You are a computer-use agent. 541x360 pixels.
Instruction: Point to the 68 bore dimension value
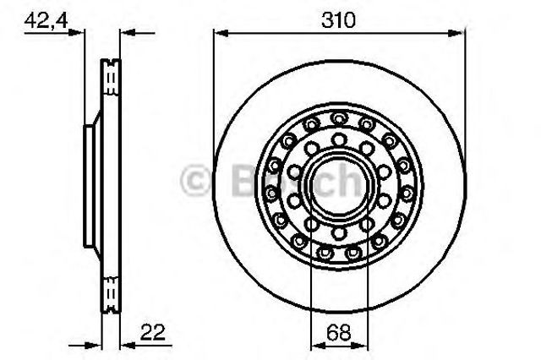[340, 331]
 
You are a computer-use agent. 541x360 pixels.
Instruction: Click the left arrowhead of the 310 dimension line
[219, 33]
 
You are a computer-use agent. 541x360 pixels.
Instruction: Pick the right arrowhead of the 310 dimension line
[460, 33]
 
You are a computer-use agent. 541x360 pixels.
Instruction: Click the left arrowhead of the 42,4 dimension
[81, 33]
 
